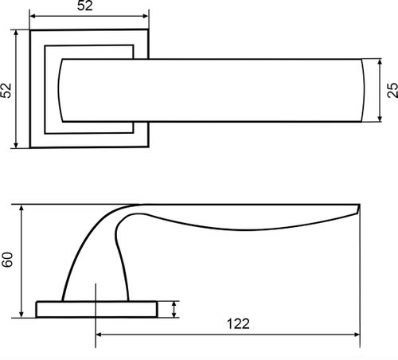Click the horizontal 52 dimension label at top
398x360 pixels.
coord(85,6)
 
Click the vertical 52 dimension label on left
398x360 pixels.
coord(6,91)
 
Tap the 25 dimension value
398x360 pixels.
coord(392,90)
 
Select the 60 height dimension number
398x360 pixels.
coord(7,260)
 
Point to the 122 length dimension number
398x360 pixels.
coord(238,324)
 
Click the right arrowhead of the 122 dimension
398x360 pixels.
coord(357,335)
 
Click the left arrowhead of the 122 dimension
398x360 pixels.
coord(99,335)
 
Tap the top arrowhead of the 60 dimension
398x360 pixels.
coord(21,208)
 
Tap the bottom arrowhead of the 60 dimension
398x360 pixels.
coord(21,315)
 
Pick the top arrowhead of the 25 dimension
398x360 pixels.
coord(380,62)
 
